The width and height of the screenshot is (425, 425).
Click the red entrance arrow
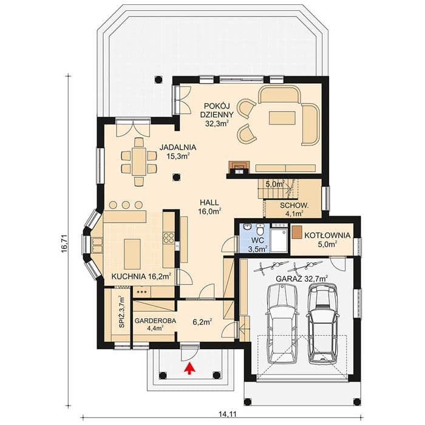click(189, 369)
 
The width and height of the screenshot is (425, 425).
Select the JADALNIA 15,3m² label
click(177, 152)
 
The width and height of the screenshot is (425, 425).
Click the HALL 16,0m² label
click(209, 207)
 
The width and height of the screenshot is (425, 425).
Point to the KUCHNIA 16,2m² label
click(141, 276)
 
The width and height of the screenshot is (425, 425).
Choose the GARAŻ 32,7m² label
click(302, 278)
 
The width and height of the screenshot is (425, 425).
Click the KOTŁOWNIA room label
click(327, 236)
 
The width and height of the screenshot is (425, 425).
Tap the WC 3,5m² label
click(258, 244)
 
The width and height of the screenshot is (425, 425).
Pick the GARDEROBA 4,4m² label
click(155, 324)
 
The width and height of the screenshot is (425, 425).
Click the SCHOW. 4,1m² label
click(294, 209)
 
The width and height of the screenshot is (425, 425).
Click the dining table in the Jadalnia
click(139, 162)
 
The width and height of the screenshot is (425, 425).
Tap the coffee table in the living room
click(282, 118)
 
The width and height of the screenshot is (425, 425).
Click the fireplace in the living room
click(239, 168)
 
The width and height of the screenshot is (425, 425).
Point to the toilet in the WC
click(260, 229)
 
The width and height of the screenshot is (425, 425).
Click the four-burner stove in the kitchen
click(169, 238)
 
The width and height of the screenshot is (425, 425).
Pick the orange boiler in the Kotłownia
click(297, 233)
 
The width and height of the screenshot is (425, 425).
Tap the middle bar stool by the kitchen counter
click(126, 205)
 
